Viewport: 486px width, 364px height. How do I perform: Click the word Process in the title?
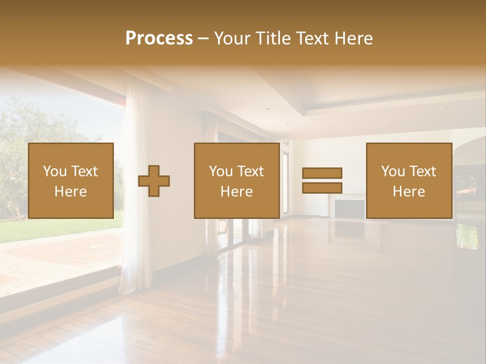pos(159,38)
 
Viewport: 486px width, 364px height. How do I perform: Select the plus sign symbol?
pos(154,180)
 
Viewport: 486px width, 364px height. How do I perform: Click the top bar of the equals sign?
pos(322,173)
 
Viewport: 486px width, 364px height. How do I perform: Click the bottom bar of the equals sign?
pos(322,188)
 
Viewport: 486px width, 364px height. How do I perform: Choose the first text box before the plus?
pos(71,180)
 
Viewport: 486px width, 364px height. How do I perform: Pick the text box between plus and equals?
pos(237,180)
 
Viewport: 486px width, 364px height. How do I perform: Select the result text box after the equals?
pos(409,180)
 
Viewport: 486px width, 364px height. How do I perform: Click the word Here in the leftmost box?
pos(71,192)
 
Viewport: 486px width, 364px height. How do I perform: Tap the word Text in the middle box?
pos(250,171)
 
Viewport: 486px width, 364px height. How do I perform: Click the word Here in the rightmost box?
pos(409,192)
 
